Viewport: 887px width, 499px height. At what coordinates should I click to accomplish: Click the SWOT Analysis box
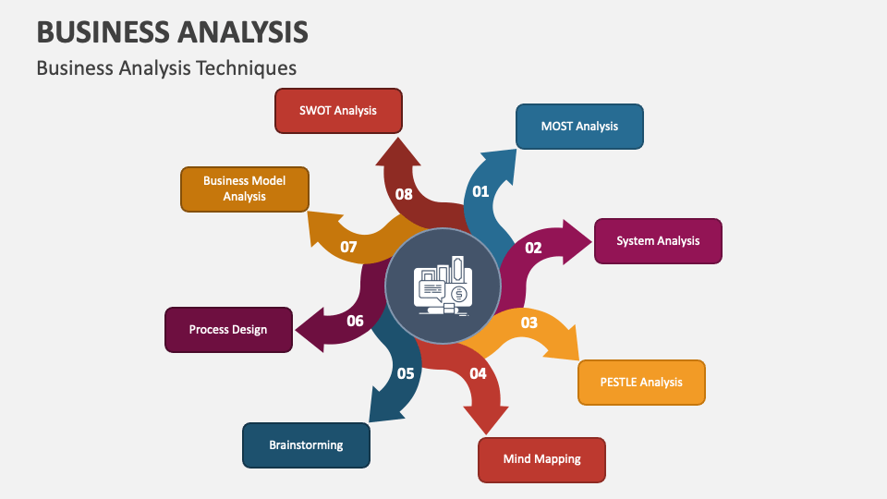tap(338, 111)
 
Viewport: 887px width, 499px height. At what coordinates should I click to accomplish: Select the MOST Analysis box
tap(579, 127)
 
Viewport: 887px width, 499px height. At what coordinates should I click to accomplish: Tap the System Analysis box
tap(658, 241)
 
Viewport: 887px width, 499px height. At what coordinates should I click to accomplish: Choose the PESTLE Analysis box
tap(641, 383)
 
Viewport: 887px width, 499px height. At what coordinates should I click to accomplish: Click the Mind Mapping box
tap(541, 459)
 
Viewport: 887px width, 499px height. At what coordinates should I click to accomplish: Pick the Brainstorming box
tap(306, 445)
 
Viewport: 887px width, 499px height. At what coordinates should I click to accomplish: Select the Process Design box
tap(228, 330)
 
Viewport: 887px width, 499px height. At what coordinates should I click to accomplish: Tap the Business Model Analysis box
tap(244, 189)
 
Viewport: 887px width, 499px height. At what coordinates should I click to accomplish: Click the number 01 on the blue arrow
tap(480, 192)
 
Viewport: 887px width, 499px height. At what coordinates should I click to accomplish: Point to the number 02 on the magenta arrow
tap(534, 248)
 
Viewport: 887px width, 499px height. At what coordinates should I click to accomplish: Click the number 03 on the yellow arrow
tap(529, 323)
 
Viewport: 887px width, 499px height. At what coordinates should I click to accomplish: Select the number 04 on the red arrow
tap(478, 374)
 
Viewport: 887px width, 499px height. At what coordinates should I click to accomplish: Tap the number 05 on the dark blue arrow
tap(406, 374)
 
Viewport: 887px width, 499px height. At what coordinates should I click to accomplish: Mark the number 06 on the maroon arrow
tap(355, 322)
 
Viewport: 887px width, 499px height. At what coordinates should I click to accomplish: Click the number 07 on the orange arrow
tap(348, 247)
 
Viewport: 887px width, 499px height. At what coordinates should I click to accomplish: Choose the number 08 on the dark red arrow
tap(404, 194)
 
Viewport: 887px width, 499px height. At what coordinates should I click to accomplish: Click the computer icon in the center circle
tap(443, 286)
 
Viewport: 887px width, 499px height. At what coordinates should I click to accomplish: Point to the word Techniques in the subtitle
tap(249, 67)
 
